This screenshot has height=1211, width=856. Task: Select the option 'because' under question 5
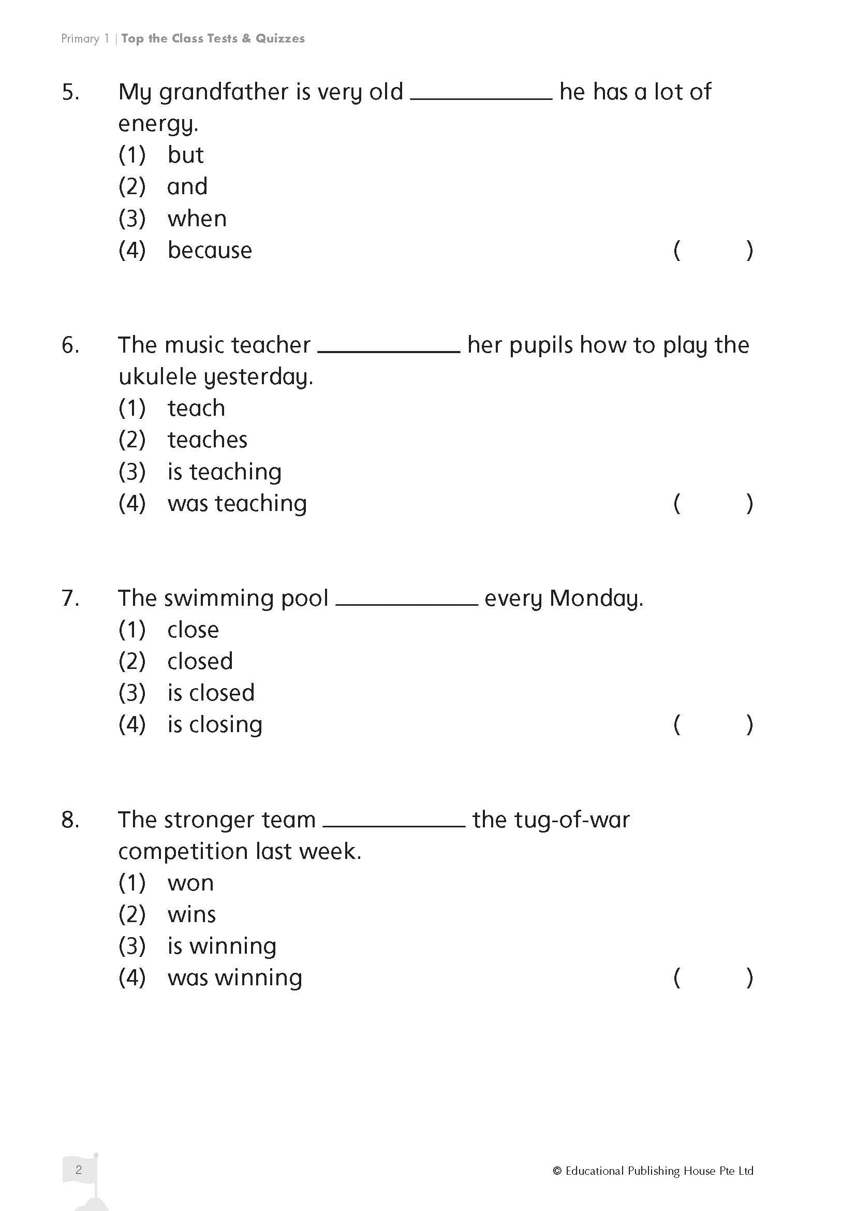209,250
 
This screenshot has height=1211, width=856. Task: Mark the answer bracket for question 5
713,250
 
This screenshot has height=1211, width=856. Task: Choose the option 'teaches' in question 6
207,440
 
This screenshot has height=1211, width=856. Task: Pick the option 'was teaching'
237,503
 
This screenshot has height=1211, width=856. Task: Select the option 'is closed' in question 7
211,693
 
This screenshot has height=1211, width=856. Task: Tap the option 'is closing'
215,725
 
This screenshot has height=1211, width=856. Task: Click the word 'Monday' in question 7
594,599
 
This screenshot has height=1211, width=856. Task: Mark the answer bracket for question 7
713,725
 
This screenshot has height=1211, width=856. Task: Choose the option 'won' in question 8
190,883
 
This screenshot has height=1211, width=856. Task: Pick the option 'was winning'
234,978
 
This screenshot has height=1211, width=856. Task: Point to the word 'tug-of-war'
551,820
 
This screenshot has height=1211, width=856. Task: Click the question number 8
70,820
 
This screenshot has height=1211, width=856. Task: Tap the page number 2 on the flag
79,1170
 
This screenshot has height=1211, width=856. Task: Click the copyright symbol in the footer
557,1171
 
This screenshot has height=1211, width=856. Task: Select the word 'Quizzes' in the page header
280,38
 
